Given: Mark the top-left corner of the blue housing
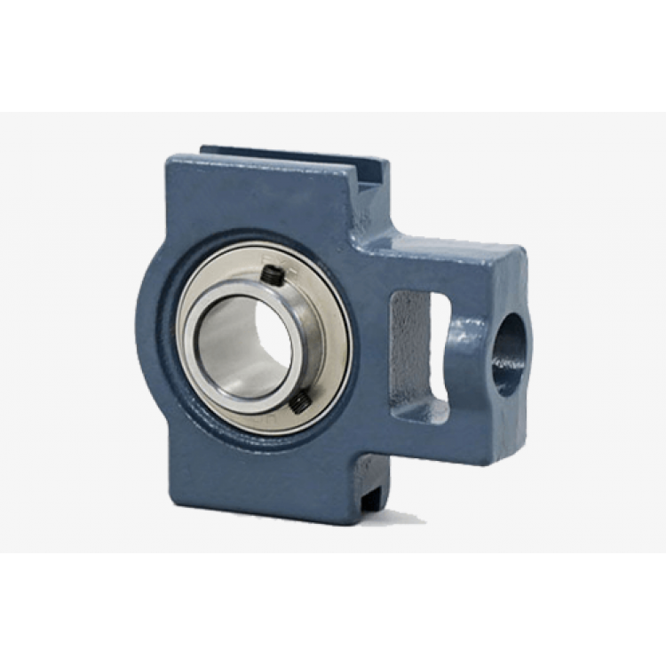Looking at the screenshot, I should coord(170,160).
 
